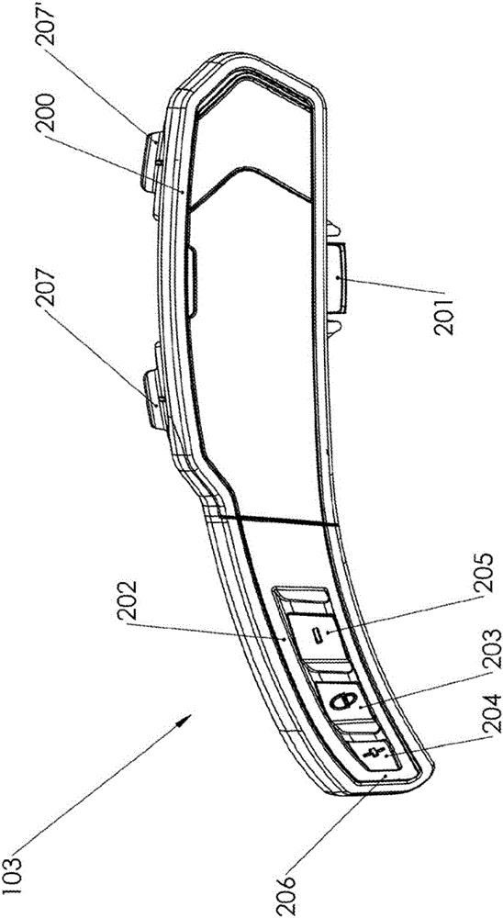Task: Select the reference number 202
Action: point(133,599)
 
